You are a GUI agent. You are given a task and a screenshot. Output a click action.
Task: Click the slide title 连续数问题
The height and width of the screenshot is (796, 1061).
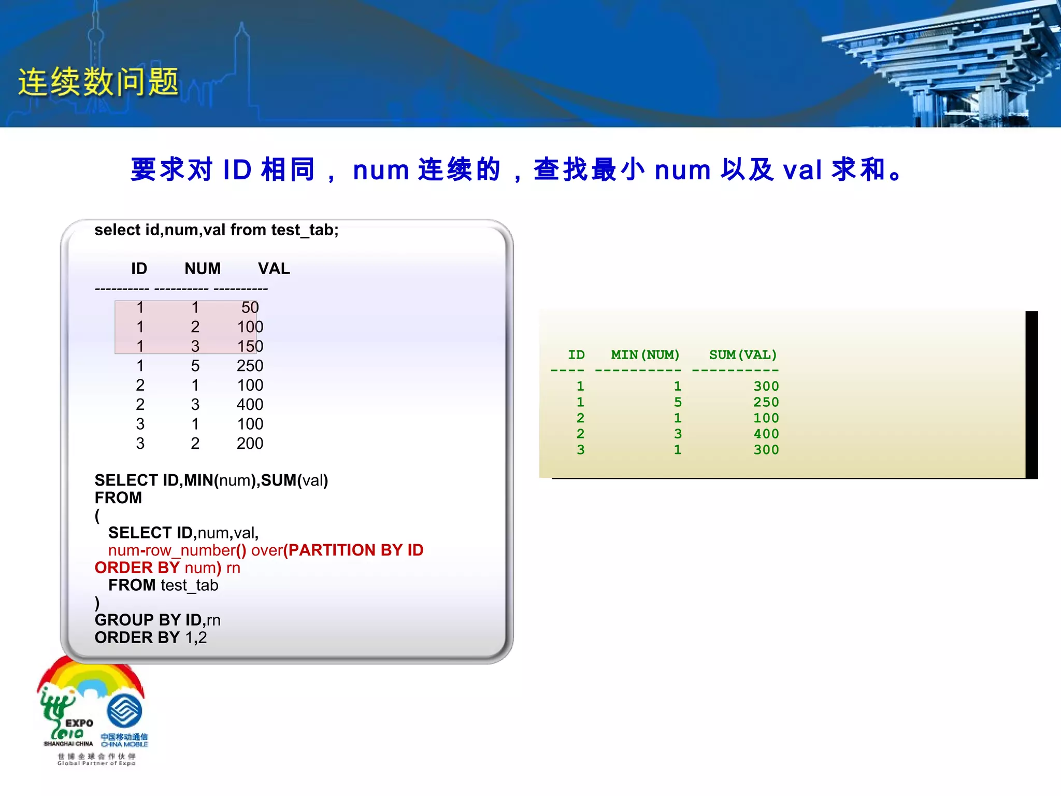tap(98, 82)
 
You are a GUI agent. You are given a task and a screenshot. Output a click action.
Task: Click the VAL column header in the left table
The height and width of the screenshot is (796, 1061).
tap(274, 268)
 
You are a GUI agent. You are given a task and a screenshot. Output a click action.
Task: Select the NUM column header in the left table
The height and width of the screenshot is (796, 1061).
tap(203, 268)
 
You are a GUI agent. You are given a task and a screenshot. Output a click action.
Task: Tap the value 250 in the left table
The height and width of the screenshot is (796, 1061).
tap(250, 366)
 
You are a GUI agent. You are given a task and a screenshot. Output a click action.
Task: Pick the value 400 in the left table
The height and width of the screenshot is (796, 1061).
tap(250, 405)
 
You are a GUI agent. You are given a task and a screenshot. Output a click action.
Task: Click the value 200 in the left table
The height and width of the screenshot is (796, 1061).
tap(250, 444)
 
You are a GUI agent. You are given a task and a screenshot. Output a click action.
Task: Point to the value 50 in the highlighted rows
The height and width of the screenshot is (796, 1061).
tap(250, 307)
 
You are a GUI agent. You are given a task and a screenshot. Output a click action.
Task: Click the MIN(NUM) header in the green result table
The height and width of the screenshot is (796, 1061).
tap(645, 355)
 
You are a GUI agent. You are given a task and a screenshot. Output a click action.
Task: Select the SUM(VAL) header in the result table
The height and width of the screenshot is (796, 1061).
tap(743, 355)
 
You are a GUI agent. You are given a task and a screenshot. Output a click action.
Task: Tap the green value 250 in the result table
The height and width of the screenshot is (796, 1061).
tap(766, 402)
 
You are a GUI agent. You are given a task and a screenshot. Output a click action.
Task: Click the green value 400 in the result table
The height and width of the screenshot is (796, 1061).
tap(766, 434)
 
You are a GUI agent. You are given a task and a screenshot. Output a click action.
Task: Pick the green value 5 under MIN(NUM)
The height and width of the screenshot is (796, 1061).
tap(678, 402)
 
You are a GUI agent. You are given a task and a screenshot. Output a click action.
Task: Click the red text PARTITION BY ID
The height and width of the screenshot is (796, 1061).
tap(355, 550)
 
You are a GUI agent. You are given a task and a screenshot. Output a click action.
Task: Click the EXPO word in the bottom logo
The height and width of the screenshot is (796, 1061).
tap(79, 723)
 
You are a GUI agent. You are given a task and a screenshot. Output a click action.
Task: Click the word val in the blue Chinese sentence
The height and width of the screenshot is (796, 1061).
tap(802, 170)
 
